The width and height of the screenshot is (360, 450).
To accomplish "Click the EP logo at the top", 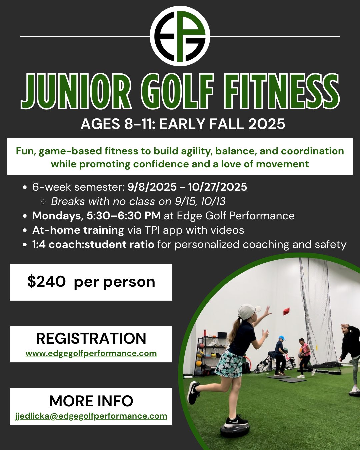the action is [x=180, y=36].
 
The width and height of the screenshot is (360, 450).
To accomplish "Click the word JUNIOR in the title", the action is [x=76, y=91].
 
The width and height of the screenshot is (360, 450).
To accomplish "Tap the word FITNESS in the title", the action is [x=282, y=91].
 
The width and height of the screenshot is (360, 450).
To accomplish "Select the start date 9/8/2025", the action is [x=152, y=187].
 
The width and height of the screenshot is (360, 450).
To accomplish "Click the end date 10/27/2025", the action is [x=218, y=187].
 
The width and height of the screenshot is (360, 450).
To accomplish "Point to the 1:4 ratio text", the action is [x=39, y=244].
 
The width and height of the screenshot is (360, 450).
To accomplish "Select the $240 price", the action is [x=46, y=282].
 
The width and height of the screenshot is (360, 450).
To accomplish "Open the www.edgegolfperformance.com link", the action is [x=91, y=353].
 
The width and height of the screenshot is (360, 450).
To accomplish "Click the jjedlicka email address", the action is [x=91, y=416].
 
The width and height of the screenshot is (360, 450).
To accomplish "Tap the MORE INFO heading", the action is [x=91, y=401].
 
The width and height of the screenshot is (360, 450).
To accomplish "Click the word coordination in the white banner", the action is [x=313, y=151].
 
